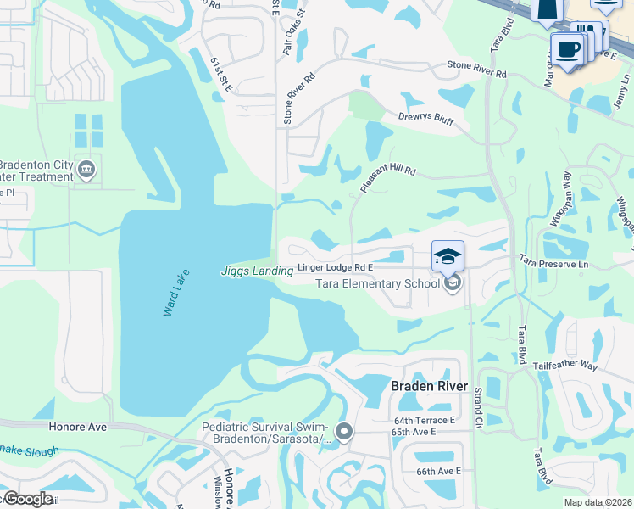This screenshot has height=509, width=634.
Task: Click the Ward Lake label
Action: coord(180,294)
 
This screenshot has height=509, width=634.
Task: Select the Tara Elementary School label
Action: coord(376,283)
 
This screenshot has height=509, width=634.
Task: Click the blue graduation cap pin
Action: coord(448,255)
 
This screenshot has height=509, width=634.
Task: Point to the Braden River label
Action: coord(429,386)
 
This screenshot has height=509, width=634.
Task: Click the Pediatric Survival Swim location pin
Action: coord(343,433)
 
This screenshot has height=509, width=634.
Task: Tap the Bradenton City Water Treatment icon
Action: coord(86,170)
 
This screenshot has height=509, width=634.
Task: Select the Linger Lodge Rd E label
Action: coord(336,268)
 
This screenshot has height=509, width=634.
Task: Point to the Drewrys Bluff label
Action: coord(427,119)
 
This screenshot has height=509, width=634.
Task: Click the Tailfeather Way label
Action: coord(565,366)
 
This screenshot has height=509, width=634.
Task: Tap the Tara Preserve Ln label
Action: coord(553,263)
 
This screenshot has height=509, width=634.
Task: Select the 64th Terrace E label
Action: coord(425,420)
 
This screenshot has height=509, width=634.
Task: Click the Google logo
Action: coord(27,500)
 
